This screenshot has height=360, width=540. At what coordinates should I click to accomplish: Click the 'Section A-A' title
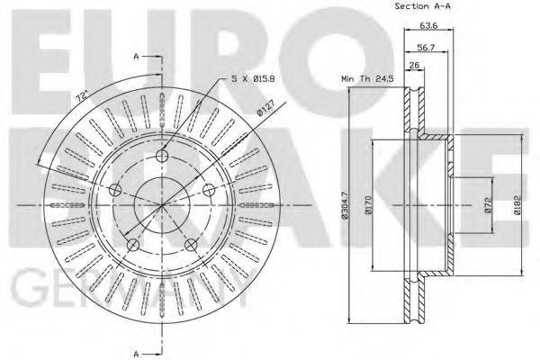click(x=424, y=7)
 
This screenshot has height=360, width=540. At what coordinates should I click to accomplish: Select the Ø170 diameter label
click(x=370, y=209)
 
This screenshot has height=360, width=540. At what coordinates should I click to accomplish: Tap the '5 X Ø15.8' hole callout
click(x=253, y=79)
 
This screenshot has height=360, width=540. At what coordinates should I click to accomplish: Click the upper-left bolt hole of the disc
click(x=116, y=191)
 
